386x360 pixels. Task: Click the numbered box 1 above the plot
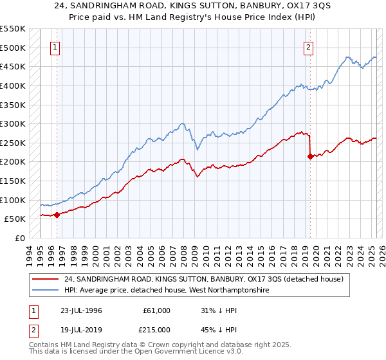coord(56,47)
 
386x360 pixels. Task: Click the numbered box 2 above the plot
coord(309,47)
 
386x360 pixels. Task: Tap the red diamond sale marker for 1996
coord(57,215)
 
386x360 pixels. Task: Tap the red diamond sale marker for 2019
coord(310,156)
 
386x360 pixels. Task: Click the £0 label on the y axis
coord(19,238)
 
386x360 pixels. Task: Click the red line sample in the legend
coord(46,279)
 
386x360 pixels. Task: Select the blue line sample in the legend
coord(46,291)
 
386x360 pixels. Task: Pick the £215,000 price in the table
coord(156,329)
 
